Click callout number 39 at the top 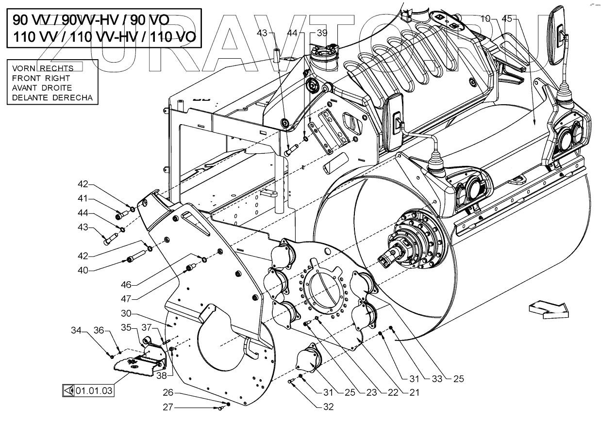(x=322, y=33)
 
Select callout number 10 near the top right (x=485, y=19)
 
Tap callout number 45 (x=507, y=19)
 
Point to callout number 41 (x=83, y=198)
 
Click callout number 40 (x=83, y=270)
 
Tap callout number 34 (x=76, y=331)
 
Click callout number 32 (x=329, y=407)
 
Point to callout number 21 (x=414, y=392)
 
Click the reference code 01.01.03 (x=94, y=389)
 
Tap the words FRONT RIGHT (x=41, y=78)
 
